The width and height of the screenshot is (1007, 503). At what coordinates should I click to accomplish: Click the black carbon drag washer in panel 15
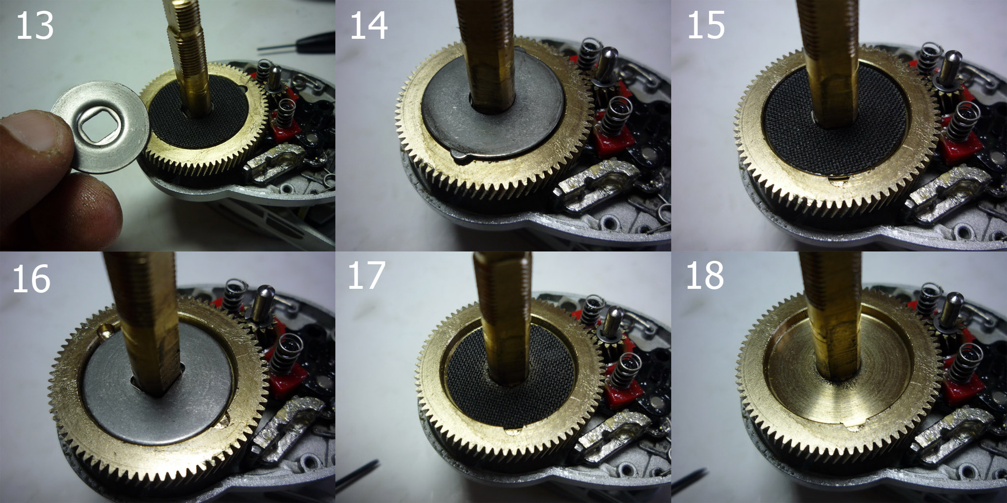pos(811,123)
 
